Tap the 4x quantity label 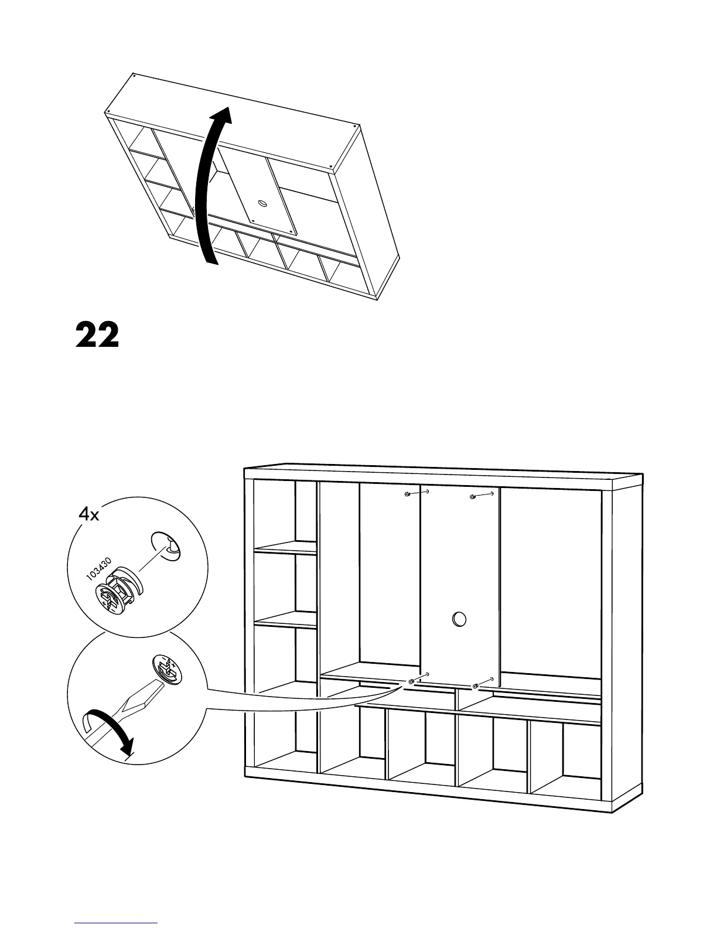(90, 515)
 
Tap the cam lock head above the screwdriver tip (168, 669)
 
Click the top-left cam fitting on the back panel (407, 495)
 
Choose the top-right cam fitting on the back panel (473, 497)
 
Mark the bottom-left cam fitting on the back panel (411, 681)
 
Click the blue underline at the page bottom (116, 922)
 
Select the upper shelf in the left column (285, 548)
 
